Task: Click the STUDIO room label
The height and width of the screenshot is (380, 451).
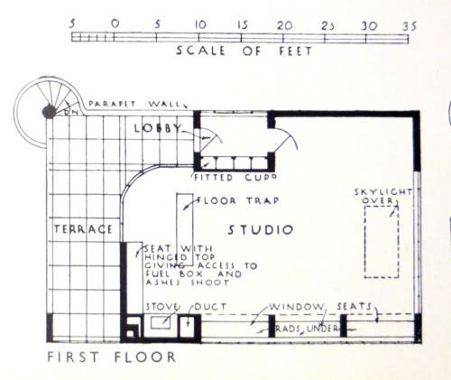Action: [261, 230]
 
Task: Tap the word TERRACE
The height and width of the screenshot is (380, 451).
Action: [83, 229]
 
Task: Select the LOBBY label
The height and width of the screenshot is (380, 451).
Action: [158, 128]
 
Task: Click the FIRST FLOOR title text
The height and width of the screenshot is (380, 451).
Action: [112, 357]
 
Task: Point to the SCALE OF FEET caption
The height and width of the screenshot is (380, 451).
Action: [244, 51]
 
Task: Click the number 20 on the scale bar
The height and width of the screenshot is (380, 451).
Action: [284, 26]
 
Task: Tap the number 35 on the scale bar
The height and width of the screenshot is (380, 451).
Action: [410, 26]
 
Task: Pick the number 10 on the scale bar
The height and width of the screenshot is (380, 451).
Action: [200, 24]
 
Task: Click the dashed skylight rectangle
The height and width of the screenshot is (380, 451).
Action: [364, 242]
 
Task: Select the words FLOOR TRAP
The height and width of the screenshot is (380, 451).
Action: [238, 200]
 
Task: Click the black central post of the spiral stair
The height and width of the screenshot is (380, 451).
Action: [49, 112]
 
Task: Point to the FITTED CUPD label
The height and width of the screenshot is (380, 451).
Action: [235, 178]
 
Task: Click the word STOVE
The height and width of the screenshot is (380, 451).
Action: [161, 307]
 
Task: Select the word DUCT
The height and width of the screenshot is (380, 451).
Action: [210, 307]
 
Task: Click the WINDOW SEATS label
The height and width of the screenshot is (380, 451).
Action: [320, 307]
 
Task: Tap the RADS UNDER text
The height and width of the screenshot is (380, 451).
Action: [307, 329]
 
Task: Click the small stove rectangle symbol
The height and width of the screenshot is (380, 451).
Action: [161, 323]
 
